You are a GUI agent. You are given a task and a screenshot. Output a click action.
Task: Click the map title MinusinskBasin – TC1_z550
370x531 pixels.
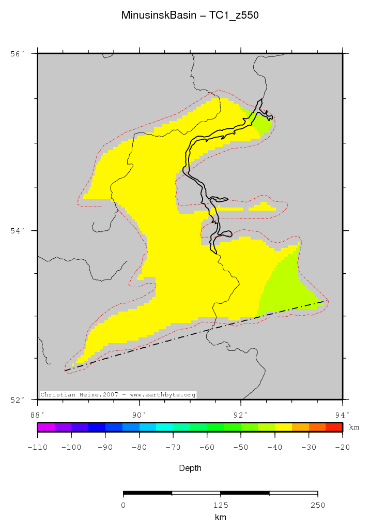coord(190,16)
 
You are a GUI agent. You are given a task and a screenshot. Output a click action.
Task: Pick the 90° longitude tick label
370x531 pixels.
coord(138,414)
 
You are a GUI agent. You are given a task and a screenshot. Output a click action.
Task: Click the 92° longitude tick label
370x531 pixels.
coord(240,414)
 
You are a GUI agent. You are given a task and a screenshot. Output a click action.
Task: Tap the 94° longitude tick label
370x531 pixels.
coord(342,414)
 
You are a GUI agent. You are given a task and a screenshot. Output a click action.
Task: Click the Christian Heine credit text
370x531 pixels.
coord(118,395)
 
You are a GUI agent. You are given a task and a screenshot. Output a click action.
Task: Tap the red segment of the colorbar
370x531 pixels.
coord(334,427)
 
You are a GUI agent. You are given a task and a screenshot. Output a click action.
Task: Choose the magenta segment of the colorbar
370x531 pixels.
coord(46,427)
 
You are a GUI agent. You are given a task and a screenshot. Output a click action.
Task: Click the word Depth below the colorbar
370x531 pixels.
coord(190,468)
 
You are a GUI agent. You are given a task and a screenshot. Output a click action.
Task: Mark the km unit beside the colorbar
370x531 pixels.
coord(354,427)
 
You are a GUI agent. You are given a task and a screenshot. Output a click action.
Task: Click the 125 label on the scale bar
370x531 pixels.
coord(220,505)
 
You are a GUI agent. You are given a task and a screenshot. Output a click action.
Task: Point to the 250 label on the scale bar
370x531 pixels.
coord(317,505)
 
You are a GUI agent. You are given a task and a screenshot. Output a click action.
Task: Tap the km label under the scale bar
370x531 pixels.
coord(220,517)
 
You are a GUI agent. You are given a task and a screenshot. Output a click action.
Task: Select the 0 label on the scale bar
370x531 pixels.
coord(124,505)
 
